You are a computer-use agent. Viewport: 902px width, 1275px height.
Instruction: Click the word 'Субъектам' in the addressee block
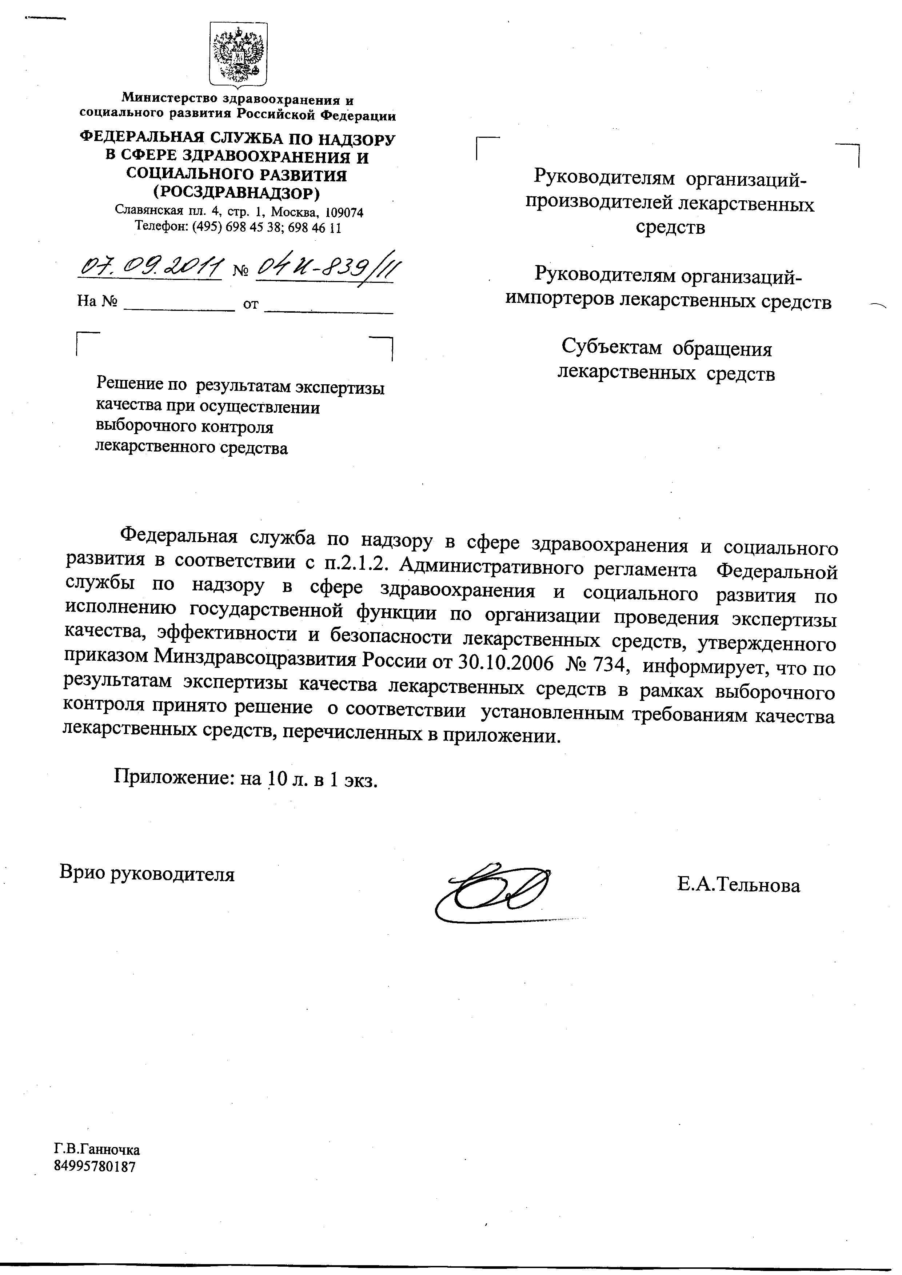(x=611, y=348)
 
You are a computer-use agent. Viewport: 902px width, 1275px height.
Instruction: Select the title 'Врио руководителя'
(x=147, y=874)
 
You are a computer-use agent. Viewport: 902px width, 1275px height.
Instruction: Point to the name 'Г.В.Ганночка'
(x=97, y=1150)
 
